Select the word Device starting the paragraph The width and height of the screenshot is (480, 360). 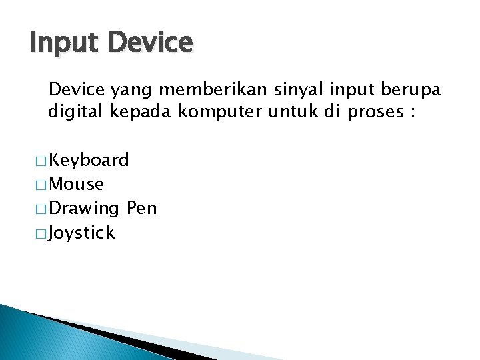coord(77,89)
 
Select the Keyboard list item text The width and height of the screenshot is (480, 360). coord(89,160)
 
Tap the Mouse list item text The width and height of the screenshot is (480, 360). coord(77,184)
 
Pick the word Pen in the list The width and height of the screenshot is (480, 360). coord(141,208)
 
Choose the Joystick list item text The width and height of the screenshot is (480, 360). coord(82,233)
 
